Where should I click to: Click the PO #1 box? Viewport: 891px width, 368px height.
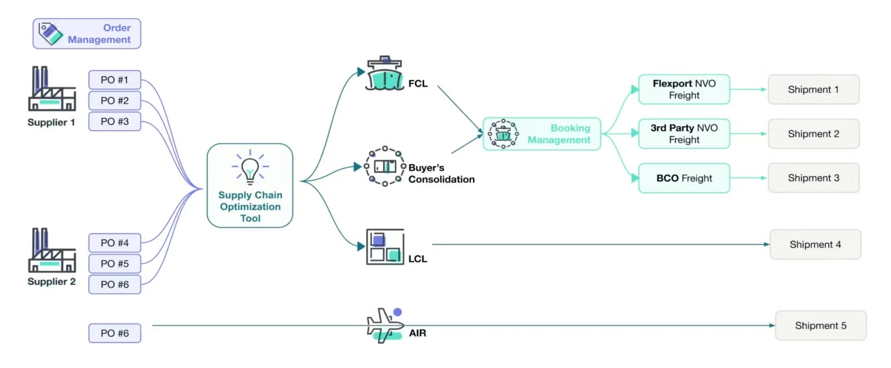(x=114, y=80)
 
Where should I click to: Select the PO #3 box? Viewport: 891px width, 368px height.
(x=114, y=121)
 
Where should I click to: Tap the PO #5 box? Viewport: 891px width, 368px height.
(x=114, y=264)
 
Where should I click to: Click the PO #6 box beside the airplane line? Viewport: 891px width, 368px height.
(x=114, y=333)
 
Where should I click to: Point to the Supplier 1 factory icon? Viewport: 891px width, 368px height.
(x=52, y=89)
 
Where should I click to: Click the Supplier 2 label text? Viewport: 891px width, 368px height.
(x=51, y=281)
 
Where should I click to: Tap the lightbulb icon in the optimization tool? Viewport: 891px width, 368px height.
(x=250, y=167)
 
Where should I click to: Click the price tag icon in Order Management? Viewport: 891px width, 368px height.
(x=50, y=34)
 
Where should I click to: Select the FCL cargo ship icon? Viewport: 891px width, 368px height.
(x=385, y=75)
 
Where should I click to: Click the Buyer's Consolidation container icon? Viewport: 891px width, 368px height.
(x=385, y=166)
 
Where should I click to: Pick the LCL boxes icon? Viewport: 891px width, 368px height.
(x=385, y=247)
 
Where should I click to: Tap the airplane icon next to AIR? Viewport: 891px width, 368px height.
(x=385, y=325)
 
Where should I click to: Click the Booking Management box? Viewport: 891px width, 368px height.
(x=541, y=134)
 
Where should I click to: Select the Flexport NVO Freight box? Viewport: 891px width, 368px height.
(x=684, y=89)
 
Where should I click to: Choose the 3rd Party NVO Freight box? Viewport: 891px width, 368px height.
(x=684, y=133)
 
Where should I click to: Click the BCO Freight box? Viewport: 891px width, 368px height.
(x=684, y=178)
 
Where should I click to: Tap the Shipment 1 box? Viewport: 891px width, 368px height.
(x=813, y=90)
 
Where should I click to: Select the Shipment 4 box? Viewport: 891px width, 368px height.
(x=815, y=245)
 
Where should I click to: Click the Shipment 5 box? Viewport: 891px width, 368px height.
(x=820, y=326)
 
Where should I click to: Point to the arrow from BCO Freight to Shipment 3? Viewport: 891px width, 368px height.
(x=748, y=178)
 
